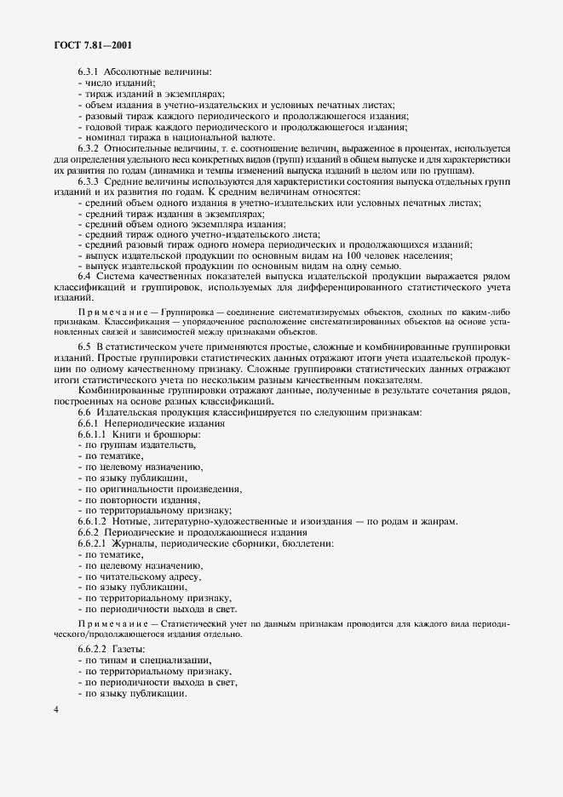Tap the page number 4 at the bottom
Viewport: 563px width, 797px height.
(55, 712)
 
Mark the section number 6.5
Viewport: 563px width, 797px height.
(85, 347)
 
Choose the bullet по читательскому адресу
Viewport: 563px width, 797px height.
(135, 576)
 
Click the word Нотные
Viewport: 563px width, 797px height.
(140, 520)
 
